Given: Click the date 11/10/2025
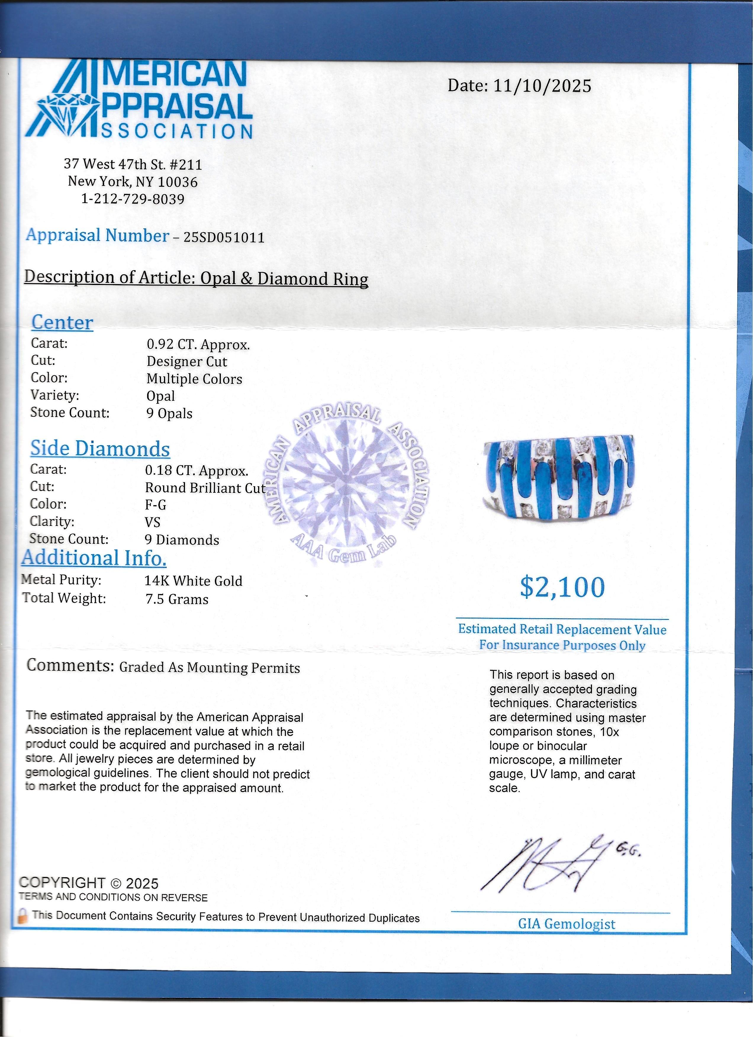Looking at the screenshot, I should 542,86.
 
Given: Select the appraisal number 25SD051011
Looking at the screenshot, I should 224,237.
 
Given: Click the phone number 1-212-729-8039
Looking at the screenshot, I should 133,199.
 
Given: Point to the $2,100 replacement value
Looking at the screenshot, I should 562,587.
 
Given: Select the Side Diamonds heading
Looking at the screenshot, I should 100,449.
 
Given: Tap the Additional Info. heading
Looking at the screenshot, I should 94,558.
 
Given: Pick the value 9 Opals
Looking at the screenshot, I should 169,414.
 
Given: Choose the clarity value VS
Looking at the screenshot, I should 153,522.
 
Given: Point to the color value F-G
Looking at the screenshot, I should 155,505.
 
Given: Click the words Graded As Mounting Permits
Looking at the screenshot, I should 209,668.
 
